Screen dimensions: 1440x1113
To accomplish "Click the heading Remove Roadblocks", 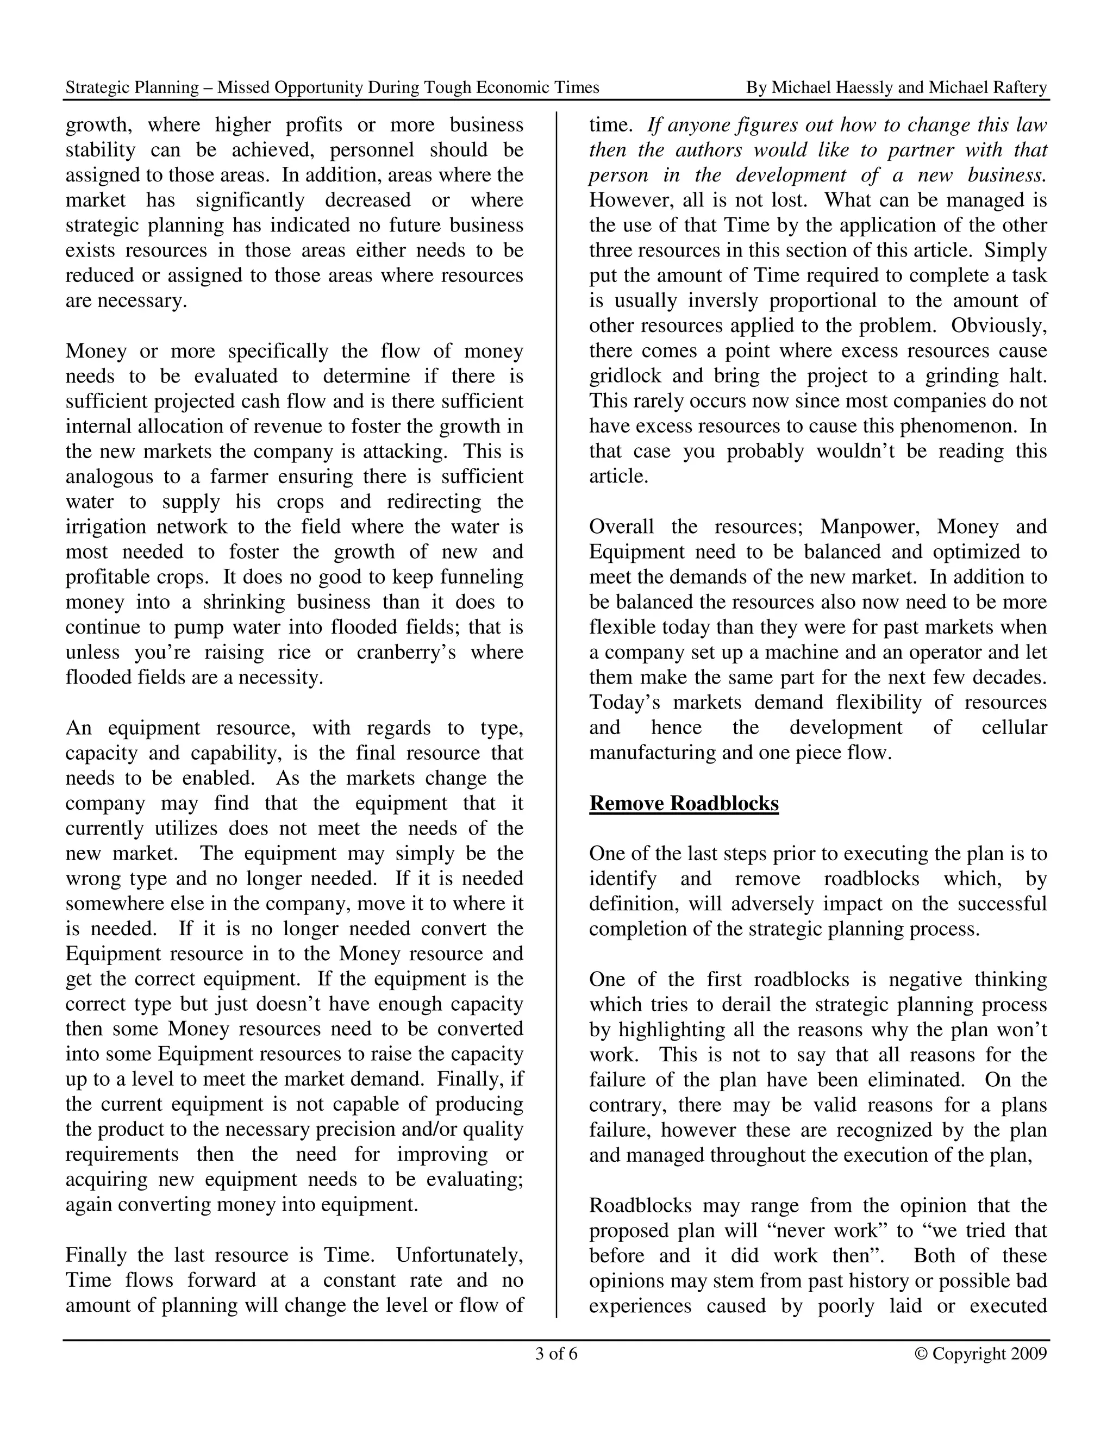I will [x=684, y=803].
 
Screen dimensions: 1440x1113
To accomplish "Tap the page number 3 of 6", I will [x=556, y=1354].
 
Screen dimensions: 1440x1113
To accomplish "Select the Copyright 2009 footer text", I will [x=981, y=1354].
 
